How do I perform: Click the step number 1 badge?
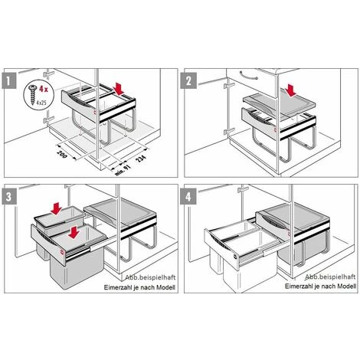tap(9, 80)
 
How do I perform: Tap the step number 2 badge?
tap(188, 80)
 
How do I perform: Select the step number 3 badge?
tap(9, 197)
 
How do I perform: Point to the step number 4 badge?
tap(188, 197)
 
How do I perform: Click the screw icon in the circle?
tap(33, 95)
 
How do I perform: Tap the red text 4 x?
tap(43, 89)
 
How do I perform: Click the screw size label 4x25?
tap(42, 103)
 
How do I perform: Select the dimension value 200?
tap(62, 154)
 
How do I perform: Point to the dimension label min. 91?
tap(123, 170)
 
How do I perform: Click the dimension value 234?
tap(140, 159)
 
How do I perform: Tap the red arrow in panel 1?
tap(119, 88)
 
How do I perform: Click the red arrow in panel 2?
tap(291, 91)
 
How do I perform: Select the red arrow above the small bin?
tap(56, 208)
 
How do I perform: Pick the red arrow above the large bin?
tap(74, 233)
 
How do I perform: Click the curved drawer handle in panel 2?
tap(249, 76)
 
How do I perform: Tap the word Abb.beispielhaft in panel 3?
tap(150, 277)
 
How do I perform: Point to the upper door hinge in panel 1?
tap(49, 74)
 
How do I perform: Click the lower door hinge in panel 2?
tap(229, 132)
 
